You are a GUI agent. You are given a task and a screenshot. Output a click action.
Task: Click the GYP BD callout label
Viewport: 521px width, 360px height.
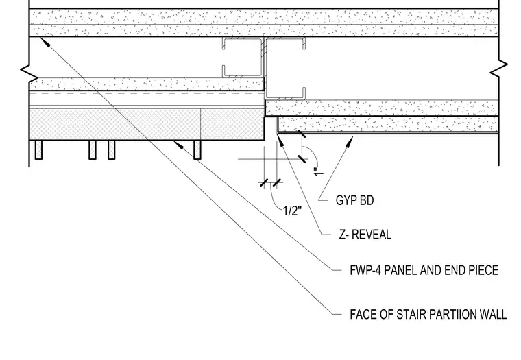pos(354,200)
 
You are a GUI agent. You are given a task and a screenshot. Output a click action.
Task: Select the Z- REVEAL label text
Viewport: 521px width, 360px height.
pos(365,235)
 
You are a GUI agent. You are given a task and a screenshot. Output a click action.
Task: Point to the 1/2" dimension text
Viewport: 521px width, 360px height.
pos(293,211)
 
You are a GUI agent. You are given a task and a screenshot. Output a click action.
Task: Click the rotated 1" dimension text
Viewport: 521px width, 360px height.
pos(318,172)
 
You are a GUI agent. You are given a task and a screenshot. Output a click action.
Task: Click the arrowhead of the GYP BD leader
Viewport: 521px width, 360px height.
pos(350,141)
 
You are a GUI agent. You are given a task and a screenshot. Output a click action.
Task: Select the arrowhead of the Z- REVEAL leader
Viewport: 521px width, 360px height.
pos(280,139)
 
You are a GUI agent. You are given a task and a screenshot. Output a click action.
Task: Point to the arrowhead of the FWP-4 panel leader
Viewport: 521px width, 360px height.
pos(178,144)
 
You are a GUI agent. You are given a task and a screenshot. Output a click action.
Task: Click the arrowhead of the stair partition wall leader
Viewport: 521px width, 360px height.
pos(45,43)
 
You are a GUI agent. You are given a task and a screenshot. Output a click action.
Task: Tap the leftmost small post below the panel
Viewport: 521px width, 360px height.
pos(38,149)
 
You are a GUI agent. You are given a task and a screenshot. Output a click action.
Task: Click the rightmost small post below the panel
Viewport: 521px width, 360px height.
pos(197,149)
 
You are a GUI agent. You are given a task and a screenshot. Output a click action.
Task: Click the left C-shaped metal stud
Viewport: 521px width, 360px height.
pos(242,58)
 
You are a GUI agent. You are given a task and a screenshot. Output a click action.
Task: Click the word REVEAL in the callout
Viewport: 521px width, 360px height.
pos(372,235)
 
